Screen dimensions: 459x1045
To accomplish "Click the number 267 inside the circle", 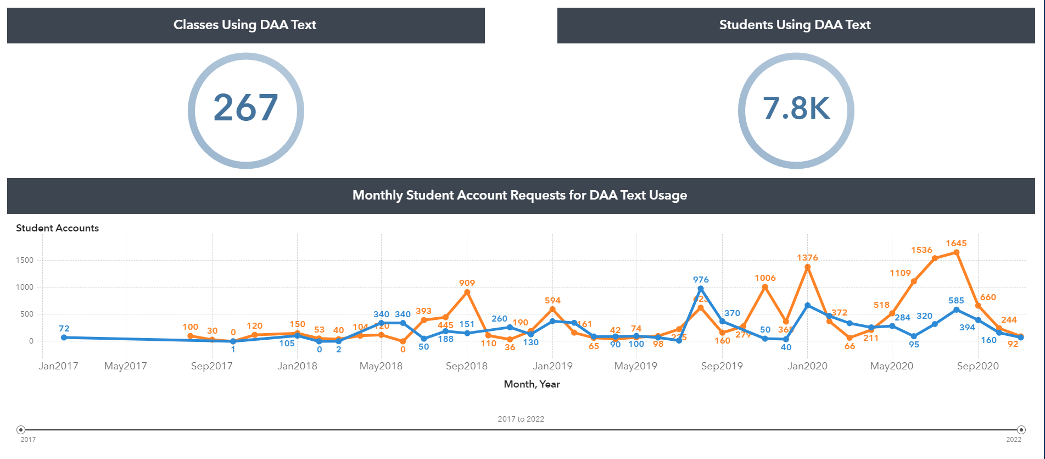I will tap(245, 108).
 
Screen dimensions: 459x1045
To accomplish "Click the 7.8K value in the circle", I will tap(796, 108).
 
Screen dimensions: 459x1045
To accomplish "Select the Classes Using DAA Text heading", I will tap(245, 25).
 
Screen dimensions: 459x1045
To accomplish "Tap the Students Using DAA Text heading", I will tap(795, 25).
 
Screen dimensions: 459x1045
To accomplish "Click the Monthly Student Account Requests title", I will tap(519, 195).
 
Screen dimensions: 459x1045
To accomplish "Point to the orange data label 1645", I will tap(956, 244).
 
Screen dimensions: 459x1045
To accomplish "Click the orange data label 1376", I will tap(807, 258).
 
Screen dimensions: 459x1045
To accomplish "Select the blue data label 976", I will tap(701, 280).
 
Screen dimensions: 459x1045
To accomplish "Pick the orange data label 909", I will tap(467, 283).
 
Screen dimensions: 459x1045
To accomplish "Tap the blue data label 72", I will tap(64, 329).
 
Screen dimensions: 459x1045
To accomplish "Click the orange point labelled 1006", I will tap(765, 287).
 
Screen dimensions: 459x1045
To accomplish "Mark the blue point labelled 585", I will tap(956, 309).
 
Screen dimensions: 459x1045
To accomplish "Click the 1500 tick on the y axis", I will tap(25, 260).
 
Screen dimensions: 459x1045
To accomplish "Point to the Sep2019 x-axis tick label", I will tap(722, 366).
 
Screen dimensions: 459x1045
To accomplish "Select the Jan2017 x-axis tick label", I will tap(58, 366).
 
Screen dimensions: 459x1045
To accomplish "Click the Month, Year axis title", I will tap(532, 384).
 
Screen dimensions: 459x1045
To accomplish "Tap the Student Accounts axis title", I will tap(57, 228).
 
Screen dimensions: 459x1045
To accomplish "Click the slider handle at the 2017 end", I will tap(21, 430).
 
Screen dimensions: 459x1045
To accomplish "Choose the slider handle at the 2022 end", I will tap(1021, 430).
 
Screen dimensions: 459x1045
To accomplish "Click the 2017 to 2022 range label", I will tap(521, 419).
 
